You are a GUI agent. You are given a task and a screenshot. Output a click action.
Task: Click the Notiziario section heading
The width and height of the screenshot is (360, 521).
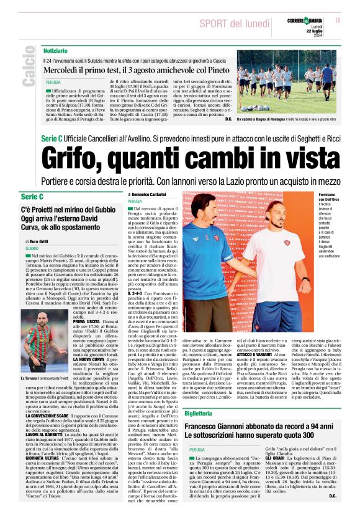click(x=56, y=50)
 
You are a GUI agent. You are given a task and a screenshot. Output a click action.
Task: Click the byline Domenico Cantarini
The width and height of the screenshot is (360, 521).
click(x=150, y=194)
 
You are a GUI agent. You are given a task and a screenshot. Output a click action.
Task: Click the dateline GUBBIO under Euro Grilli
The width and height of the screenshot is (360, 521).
click(x=32, y=247)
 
